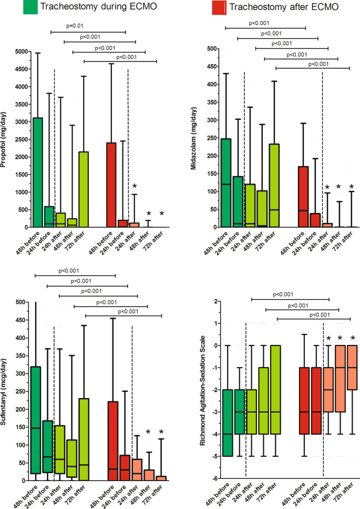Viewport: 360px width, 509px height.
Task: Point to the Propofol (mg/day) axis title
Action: (6, 139)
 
